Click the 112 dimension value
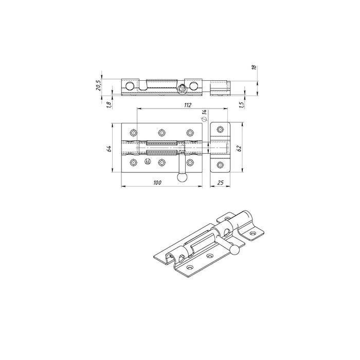click(188, 105)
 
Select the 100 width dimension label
click(157, 183)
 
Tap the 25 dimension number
click(220, 183)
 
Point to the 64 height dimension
click(110, 148)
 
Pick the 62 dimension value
click(239, 148)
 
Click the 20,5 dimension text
click(98, 85)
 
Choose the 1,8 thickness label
click(109, 105)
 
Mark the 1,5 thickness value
click(241, 105)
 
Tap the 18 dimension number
click(254, 67)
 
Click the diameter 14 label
click(204, 115)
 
